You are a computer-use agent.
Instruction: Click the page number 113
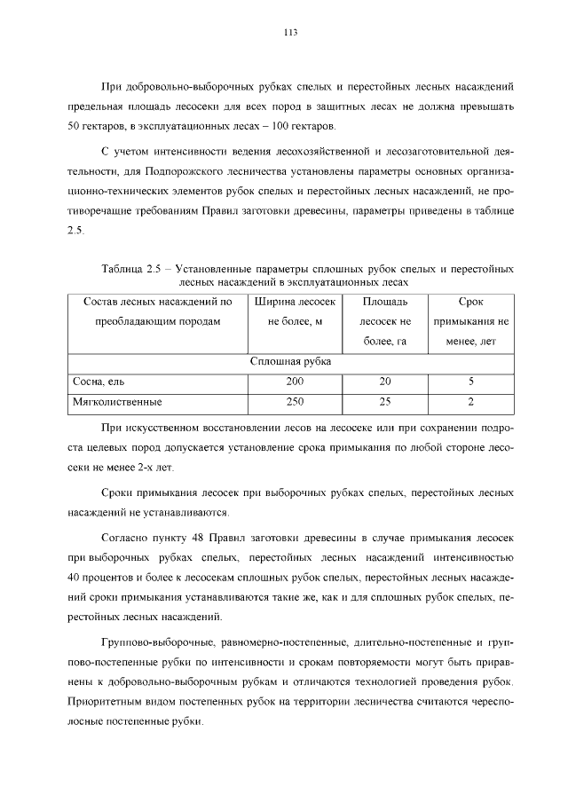point(289,33)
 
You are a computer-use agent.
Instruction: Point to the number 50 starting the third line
point(74,125)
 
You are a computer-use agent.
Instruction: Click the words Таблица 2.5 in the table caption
point(130,267)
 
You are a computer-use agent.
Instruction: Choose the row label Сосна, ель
point(99,382)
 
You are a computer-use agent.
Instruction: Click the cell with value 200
point(295,382)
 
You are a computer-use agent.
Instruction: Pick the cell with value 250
point(295,402)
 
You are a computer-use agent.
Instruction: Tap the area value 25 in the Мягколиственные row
point(384,402)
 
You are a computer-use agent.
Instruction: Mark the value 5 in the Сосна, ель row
point(470,382)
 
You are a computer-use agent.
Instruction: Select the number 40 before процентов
point(74,578)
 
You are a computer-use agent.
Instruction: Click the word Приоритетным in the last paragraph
point(105,701)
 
